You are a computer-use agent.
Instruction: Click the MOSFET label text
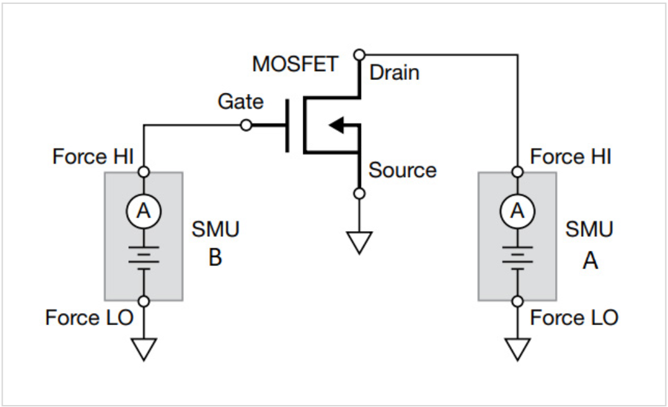[x=295, y=64]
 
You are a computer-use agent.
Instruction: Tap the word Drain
[x=394, y=72]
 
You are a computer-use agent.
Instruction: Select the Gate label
[x=240, y=101]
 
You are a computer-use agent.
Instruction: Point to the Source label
[x=402, y=170]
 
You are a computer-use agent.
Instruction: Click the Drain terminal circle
[x=359, y=54]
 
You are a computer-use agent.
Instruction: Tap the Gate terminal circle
[x=246, y=126]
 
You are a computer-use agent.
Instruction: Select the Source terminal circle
[x=359, y=193]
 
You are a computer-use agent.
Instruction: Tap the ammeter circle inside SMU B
[x=144, y=211]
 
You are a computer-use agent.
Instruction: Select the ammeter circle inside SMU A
[x=518, y=211]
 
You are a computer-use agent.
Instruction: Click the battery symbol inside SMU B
[x=144, y=257]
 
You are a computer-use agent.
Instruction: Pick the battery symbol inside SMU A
[x=518, y=257]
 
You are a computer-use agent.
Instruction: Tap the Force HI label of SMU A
[x=570, y=157]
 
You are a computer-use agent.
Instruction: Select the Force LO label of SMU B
[x=89, y=317]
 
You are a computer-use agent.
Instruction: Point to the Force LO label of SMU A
[x=574, y=317]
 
